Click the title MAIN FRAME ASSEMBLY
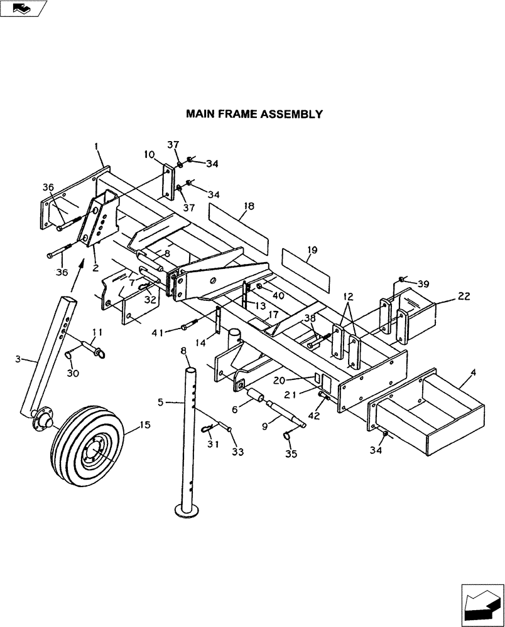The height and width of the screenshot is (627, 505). pos(254,114)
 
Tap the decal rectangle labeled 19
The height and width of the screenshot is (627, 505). pos(305,263)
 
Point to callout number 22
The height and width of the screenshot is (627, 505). pos(464,297)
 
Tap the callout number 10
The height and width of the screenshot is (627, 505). pos(148,154)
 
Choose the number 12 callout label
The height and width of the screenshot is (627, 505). pos(349,296)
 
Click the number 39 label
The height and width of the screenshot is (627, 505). pos(423,284)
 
